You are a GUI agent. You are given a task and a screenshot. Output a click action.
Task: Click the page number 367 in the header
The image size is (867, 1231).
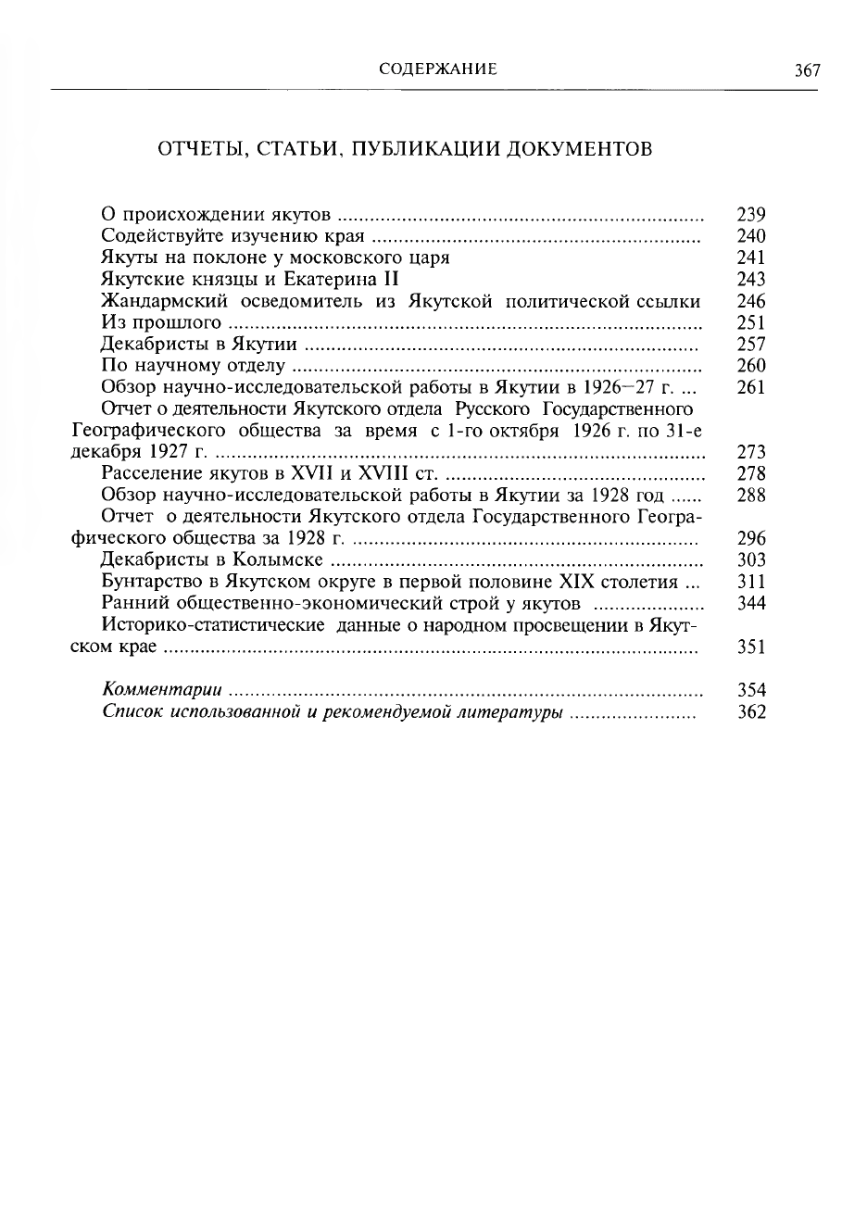pyautogui.click(x=807, y=70)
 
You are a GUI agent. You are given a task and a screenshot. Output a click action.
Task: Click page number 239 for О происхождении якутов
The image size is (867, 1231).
pyautogui.click(x=750, y=214)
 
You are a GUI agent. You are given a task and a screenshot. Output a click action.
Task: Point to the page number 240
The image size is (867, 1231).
pyautogui.click(x=750, y=236)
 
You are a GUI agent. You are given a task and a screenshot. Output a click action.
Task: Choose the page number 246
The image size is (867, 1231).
pyautogui.click(x=750, y=301)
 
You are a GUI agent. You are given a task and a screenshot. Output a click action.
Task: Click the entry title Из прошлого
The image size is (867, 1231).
pyautogui.click(x=161, y=322)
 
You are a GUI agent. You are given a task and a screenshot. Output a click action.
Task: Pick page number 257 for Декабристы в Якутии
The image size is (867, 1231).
pyautogui.click(x=750, y=345)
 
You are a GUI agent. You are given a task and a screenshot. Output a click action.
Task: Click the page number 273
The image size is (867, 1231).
pyautogui.click(x=750, y=452)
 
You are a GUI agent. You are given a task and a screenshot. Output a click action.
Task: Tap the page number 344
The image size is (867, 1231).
pyautogui.click(x=750, y=603)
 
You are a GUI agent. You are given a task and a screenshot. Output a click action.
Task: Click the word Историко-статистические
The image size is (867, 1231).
pyautogui.click(x=213, y=624)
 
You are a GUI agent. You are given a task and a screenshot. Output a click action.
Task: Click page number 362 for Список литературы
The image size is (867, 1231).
pyautogui.click(x=750, y=712)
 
